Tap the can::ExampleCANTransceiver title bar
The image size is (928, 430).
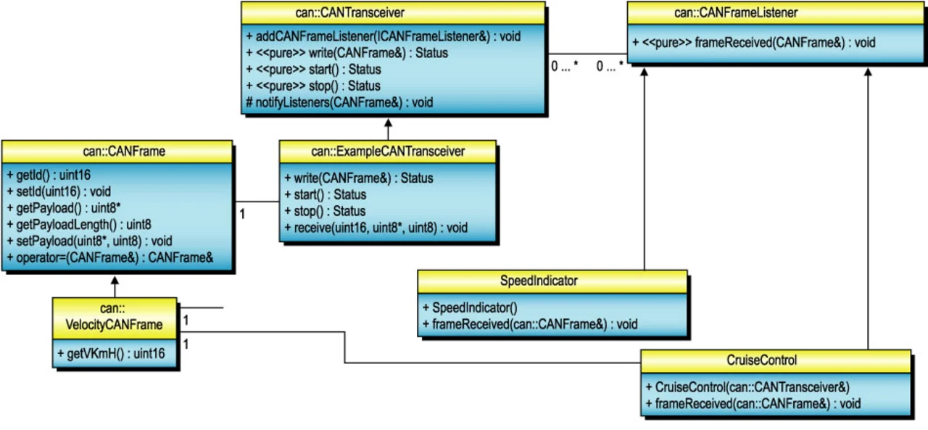click(x=388, y=152)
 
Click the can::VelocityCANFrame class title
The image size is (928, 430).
click(x=115, y=317)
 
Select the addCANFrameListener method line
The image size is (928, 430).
click(x=383, y=36)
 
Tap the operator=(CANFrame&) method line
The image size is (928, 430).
click(x=109, y=257)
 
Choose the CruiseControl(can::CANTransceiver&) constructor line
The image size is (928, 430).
click(x=747, y=386)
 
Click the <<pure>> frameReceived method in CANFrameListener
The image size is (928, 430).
click(x=753, y=43)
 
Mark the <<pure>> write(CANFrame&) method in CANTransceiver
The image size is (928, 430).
click(x=347, y=52)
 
